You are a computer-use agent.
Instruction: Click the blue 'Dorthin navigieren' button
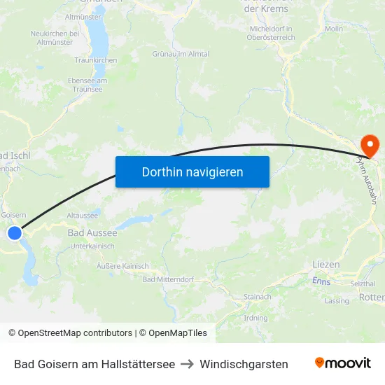192,171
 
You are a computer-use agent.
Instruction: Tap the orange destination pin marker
369,146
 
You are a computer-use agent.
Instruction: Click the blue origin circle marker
15,233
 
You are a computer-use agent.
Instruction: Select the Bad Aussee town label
92,232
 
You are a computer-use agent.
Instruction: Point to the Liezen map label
326,265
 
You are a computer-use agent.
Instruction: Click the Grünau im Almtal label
181,54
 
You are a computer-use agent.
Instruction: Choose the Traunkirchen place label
96,61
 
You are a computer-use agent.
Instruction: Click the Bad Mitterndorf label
168,279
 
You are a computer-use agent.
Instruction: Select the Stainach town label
258,297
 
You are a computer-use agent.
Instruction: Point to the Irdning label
255,318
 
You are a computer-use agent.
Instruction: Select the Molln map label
334,29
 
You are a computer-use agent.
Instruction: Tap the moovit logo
343,363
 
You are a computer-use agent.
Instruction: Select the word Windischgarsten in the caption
244,364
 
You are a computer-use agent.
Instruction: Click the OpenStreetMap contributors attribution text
70,333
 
